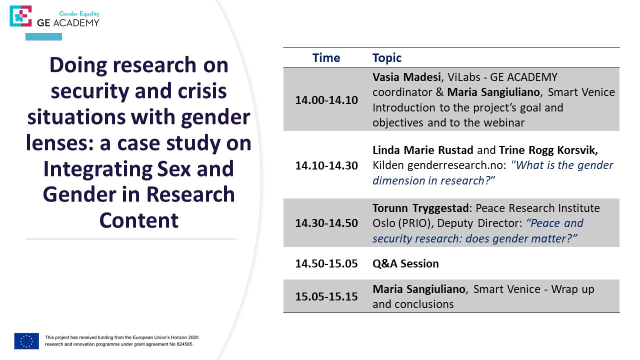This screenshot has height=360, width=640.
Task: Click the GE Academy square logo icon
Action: pos(20,16)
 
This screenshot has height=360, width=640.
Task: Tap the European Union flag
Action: pos(26,341)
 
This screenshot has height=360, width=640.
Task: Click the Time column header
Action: pos(326,58)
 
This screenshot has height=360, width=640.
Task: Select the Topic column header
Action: pos(387,58)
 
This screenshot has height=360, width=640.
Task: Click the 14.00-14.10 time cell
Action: pos(326,100)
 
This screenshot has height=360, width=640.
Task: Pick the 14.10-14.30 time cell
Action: pos(326,165)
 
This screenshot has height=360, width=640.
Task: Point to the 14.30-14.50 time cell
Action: pos(326,223)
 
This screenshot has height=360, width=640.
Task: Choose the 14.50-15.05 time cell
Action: pos(326,263)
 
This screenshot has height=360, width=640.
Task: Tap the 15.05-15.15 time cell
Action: pos(326,296)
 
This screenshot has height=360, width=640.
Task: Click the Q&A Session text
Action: pos(405,263)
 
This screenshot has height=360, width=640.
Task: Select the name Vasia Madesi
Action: pos(406,77)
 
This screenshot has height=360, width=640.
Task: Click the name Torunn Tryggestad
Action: pos(420,208)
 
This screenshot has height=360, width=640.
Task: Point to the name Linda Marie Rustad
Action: pos(423,150)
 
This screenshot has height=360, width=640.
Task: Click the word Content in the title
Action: pos(139,220)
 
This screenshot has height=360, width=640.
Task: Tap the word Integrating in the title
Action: pos(97,169)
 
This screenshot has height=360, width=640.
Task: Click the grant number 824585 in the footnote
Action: pos(184,344)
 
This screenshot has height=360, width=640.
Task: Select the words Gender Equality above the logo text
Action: pos(79,13)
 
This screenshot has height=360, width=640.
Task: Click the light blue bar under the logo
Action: pos(43,36)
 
